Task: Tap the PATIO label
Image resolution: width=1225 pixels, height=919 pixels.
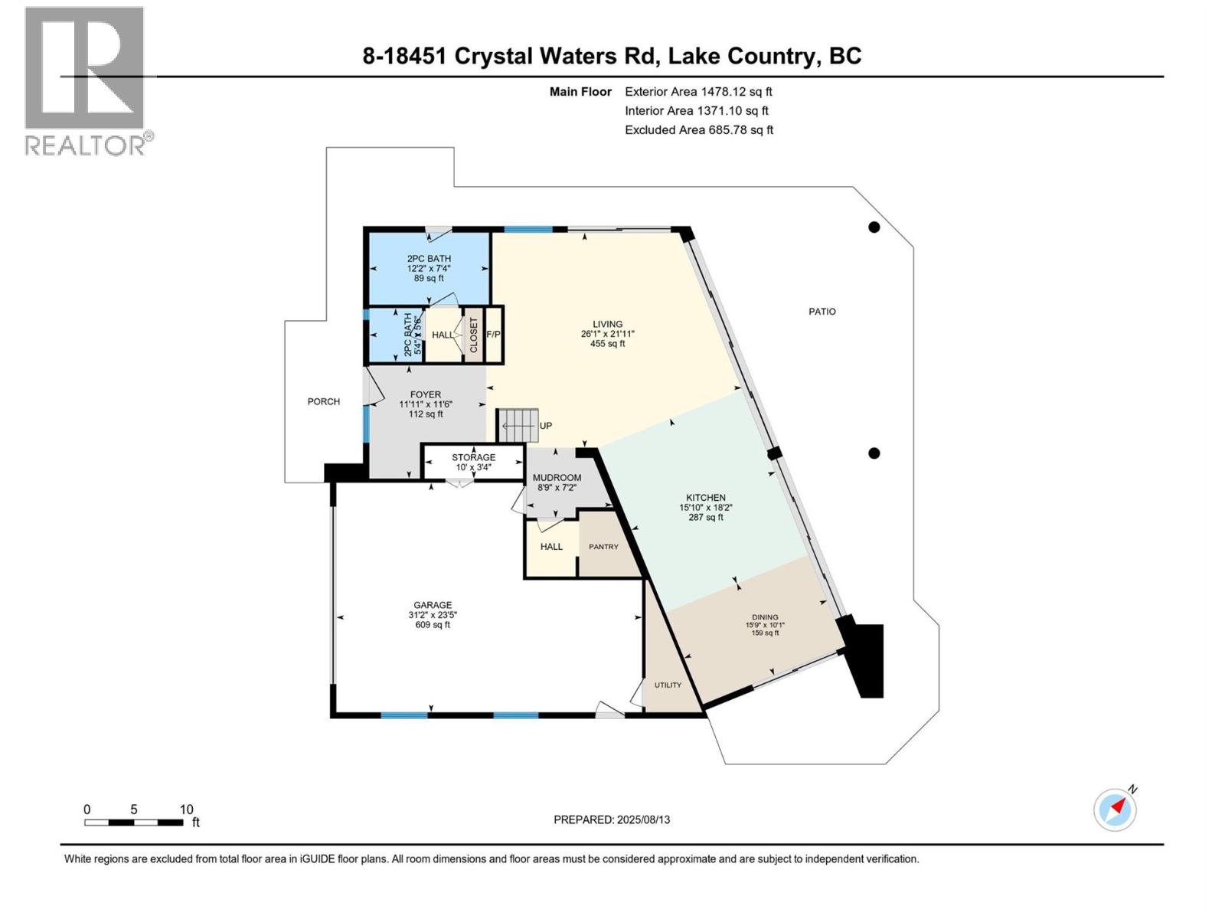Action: tap(822, 312)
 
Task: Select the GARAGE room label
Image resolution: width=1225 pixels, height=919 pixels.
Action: tap(433, 605)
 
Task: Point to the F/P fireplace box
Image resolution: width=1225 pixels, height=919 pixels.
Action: tap(493, 335)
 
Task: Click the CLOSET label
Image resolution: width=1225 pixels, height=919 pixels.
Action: tap(473, 335)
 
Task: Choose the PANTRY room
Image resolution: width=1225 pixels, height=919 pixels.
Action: tap(603, 547)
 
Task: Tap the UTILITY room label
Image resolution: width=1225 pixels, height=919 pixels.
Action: tap(668, 685)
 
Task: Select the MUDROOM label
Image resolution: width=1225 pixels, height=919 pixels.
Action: tap(557, 478)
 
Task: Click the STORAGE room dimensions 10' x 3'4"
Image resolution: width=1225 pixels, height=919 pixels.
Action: tap(473, 467)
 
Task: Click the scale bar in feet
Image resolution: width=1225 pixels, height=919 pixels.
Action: tap(134, 823)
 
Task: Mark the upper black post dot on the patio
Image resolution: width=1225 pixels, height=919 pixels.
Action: tap(874, 227)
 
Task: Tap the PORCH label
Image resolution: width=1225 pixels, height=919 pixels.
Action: tap(323, 401)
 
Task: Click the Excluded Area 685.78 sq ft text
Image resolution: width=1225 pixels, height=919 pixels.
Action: tap(698, 130)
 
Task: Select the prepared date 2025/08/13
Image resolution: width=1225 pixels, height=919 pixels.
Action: tap(612, 819)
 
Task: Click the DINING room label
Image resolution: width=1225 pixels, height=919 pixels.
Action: tap(765, 617)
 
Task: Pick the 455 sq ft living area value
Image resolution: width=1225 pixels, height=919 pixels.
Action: tap(607, 344)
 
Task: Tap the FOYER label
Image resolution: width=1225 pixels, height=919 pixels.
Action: tap(426, 394)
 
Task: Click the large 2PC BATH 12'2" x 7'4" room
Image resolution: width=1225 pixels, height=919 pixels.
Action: tap(429, 268)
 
